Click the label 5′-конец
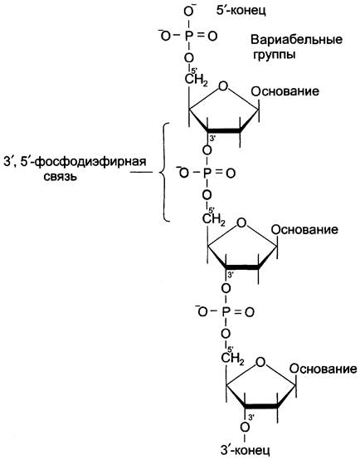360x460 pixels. coord(241,11)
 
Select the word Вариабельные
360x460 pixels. coord(296,40)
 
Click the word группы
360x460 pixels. coord(274,55)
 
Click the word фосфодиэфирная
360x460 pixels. coord(90,162)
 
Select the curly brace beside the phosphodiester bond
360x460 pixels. coord(164,172)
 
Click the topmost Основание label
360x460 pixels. coord(285,91)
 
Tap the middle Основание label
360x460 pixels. coord(304,230)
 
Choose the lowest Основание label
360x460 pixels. coord(324,369)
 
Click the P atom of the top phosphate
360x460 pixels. coord(189,36)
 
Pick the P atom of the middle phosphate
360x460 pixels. coord(207,173)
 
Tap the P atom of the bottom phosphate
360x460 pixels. coord(226,312)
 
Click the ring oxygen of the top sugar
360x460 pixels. coord(223,86)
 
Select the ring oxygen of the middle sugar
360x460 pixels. coord(241,223)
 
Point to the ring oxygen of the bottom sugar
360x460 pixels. coord(260,363)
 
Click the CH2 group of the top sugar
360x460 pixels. coord(196,80)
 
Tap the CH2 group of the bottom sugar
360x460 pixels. coord(232,359)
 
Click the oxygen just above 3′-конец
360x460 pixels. coord(245,427)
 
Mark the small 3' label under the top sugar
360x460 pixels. coord(213,138)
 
